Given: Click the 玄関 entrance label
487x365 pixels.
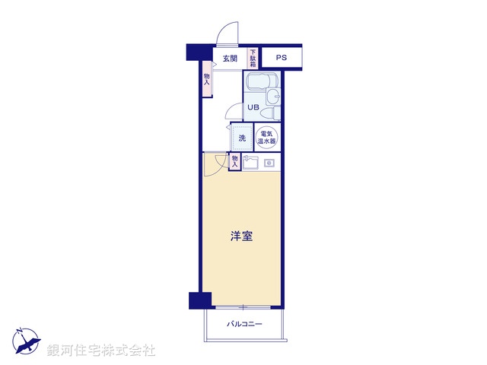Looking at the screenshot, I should (230, 59).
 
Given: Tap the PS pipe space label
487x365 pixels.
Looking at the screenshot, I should (282, 58).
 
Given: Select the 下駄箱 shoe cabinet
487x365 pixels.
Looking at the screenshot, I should (253, 59).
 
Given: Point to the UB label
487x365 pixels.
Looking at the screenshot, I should (253, 107).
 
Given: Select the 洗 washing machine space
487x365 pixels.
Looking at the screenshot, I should (242, 138).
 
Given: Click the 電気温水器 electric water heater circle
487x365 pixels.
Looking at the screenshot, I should (267, 138).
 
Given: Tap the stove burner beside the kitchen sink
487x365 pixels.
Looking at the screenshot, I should (269, 163).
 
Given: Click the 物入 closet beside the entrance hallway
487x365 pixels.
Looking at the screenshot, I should (206, 80).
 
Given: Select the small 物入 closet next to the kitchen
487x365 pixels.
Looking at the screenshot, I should (234, 161).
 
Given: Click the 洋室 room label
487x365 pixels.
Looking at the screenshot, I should (242, 236).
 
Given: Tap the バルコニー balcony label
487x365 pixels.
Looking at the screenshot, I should (244, 325).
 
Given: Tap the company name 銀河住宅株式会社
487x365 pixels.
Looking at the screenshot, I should (101, 351).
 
